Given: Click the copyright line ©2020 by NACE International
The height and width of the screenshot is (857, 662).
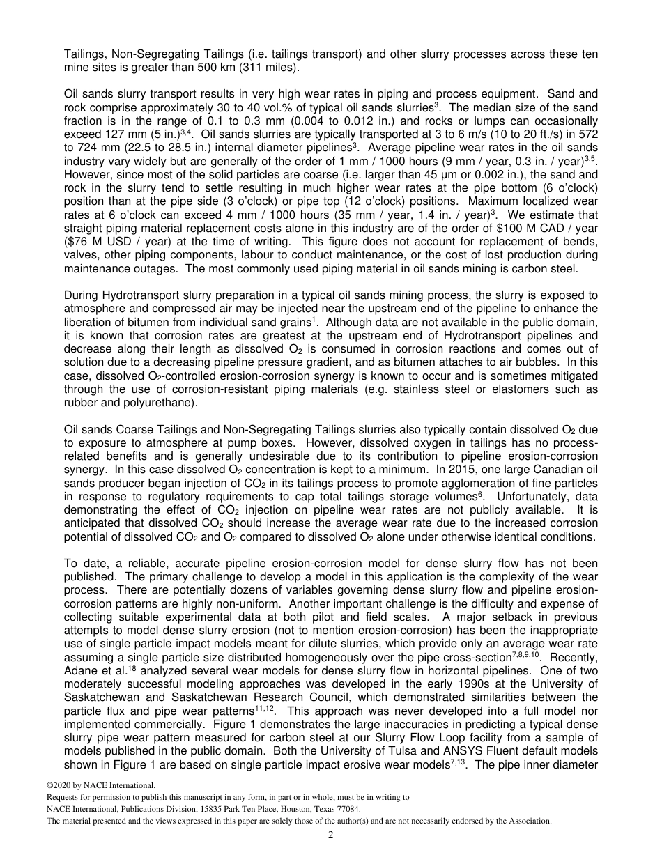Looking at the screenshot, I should click(x=97, y=785).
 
